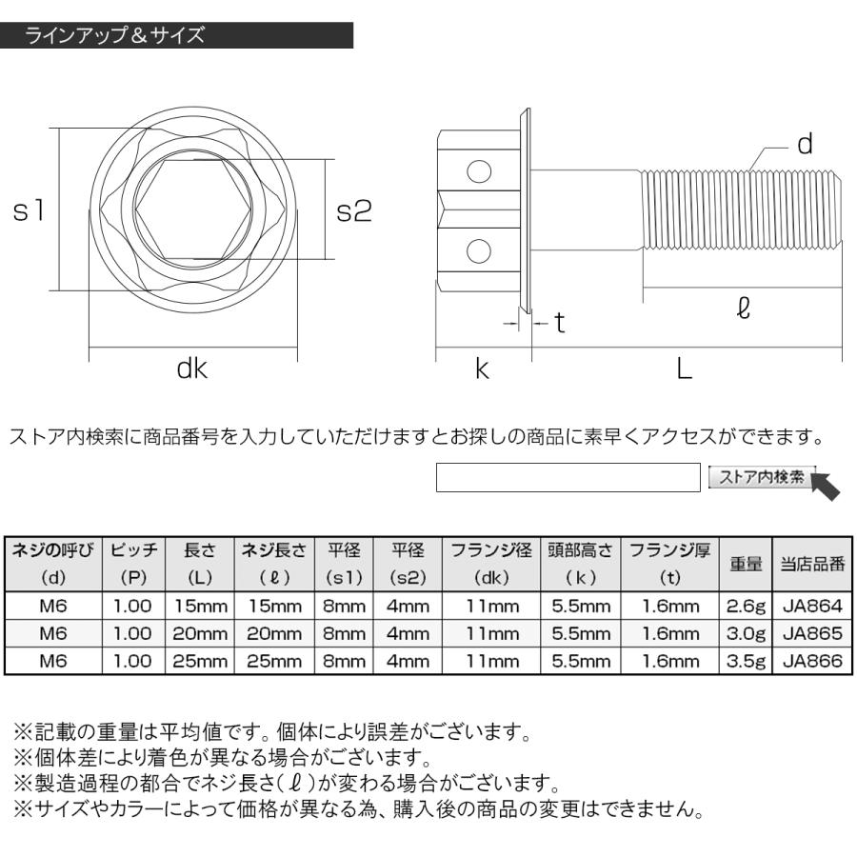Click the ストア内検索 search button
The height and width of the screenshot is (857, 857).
pyautogui.click(x=761, y=477)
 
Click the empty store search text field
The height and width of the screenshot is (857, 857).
pyautogui.click(x=568, y=478)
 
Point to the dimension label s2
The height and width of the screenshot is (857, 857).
pyautogui.click(x=354, y=210)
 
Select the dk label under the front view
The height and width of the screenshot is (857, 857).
pyautogui.click(x=191, y=369)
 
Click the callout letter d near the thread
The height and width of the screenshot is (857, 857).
pyautogui.click(x=804, y=145)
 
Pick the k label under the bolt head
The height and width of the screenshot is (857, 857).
pyautogui.click(x=482, y=369)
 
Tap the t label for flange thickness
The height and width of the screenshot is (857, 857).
pyautogui.click(x=560, y=325)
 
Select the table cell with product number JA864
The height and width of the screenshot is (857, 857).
pyautogui.click(x=811, y=607)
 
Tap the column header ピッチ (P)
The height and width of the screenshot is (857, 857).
pyautogui.click(x=132, y=563)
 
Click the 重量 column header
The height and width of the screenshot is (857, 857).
pyautogui.click(x=747, y=563)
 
